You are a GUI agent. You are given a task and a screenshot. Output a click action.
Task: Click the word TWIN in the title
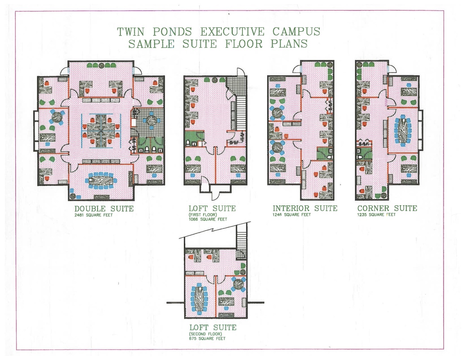131,32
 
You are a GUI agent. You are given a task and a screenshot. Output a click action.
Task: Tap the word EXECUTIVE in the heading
232,32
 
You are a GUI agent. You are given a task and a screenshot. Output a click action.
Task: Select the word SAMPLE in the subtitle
151,44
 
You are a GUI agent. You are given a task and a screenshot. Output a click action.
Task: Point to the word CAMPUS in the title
296,31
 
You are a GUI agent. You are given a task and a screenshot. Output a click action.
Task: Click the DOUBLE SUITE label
104,209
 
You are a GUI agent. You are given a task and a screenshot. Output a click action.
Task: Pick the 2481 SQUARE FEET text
94,215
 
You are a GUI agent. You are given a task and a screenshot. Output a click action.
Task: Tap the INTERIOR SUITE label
305,208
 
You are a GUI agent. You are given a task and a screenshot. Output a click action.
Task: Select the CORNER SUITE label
387,208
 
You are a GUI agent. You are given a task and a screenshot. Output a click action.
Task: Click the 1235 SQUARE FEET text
376,215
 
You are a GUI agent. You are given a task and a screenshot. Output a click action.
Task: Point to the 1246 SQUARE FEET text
292,215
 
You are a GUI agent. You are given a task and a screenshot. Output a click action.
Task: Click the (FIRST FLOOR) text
203,215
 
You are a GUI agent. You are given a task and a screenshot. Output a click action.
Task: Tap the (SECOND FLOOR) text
205,334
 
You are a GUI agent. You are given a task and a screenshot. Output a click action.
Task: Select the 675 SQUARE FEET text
207,338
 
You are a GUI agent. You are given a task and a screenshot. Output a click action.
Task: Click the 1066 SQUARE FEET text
208,219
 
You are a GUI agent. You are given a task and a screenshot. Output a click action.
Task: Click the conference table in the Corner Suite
403,130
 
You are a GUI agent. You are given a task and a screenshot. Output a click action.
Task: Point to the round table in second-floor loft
239,284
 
